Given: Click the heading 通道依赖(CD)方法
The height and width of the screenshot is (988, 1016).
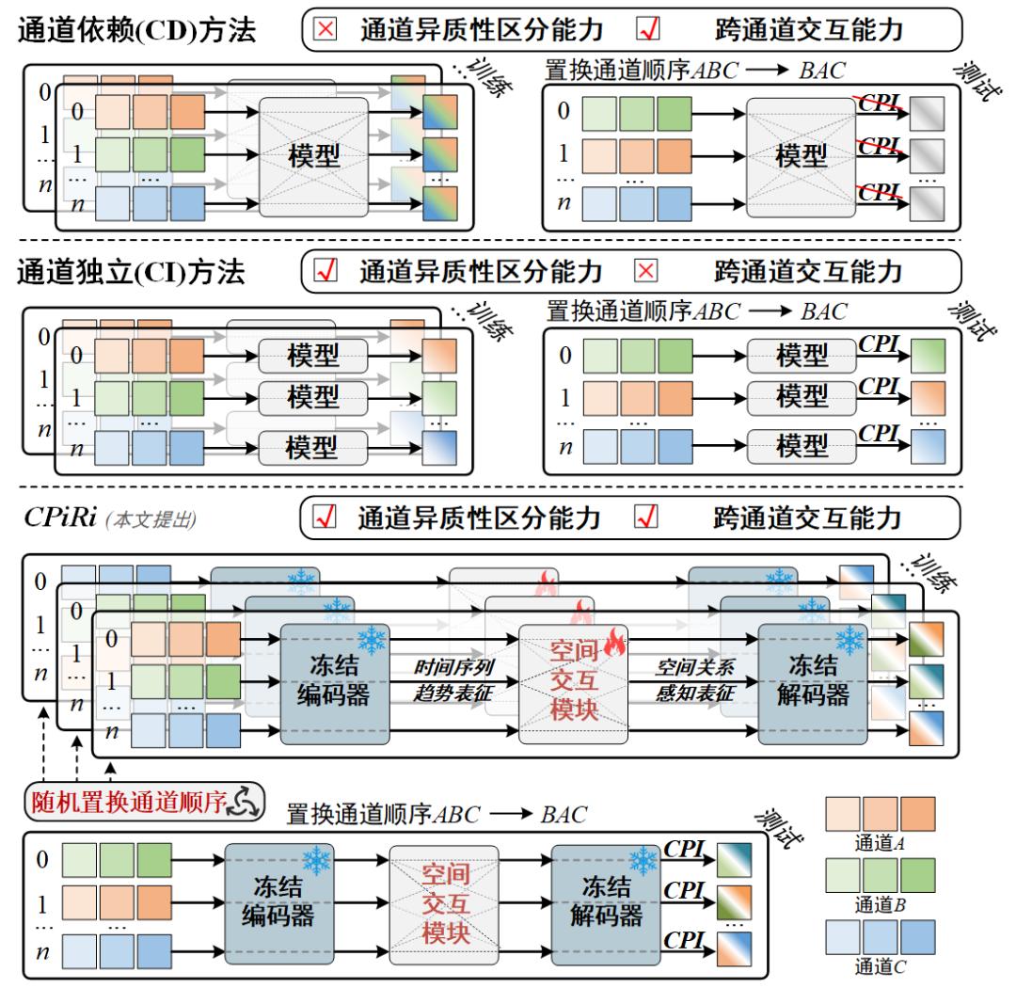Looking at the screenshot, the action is coord(136,30).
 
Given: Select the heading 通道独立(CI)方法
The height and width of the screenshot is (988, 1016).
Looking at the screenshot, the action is coord(131,272).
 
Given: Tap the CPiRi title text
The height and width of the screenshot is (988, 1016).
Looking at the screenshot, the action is coord(60,518).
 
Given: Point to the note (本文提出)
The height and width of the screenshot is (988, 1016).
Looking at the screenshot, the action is coord(151,519).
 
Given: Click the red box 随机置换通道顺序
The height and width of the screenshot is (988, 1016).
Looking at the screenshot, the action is coord(145,802).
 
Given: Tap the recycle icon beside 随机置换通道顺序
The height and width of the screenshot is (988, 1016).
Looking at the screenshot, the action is coord(246,802).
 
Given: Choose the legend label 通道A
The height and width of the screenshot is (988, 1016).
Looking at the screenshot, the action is coord(880,843).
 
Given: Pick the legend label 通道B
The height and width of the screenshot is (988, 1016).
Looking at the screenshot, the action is coord(880,903).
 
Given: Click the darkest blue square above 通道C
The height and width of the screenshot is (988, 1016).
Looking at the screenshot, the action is coord(917,937).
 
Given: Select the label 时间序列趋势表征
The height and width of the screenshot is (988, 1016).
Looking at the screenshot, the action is coord(453,680).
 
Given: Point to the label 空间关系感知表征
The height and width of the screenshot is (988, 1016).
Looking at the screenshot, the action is coord(694,680).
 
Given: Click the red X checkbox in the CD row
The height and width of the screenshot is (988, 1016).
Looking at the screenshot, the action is coord(325,29).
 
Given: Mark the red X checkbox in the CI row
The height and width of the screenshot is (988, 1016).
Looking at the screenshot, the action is coord(646,270).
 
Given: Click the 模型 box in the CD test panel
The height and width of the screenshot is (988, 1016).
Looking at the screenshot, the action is coord(802,157).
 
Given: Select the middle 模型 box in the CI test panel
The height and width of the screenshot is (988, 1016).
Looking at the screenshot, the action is coord(802,396).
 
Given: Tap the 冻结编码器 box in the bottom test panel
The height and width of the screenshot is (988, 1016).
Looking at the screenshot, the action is coord(279,903).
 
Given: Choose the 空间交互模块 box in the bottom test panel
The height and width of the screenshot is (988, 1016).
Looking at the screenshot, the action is coord(444,903).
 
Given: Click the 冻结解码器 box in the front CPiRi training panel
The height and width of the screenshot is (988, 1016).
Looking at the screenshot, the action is coord(813,683).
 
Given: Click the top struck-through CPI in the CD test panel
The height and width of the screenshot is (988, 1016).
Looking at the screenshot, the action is coord(880,104).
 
